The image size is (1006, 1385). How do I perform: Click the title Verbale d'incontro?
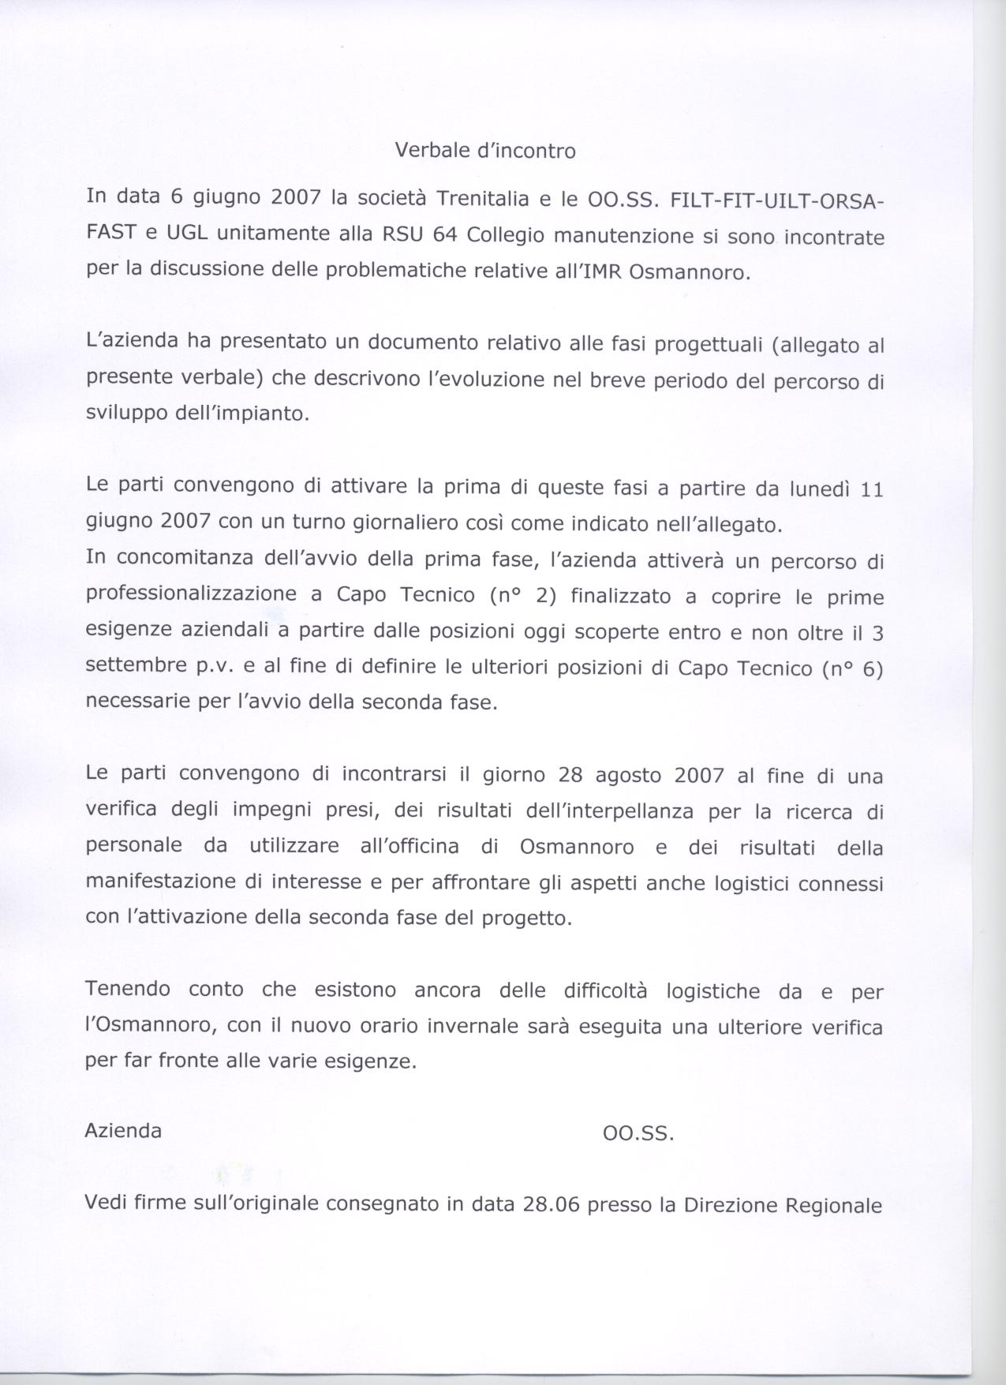485,151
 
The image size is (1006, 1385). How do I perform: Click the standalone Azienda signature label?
123,1131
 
